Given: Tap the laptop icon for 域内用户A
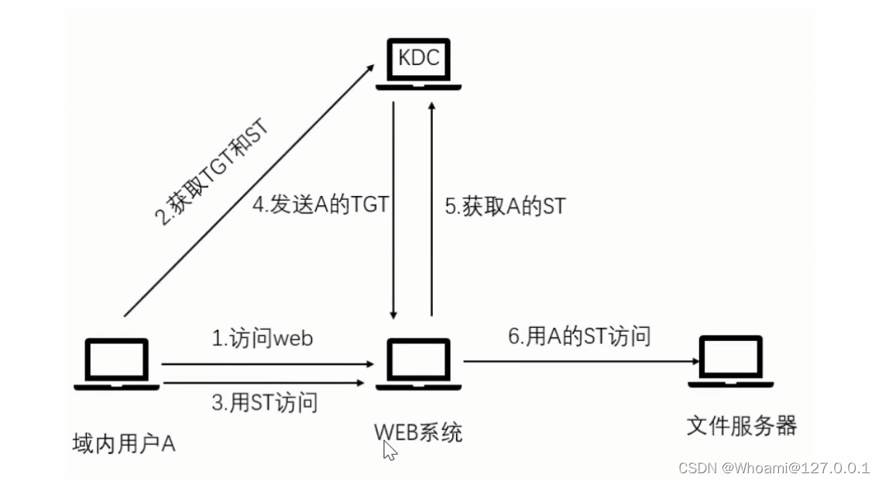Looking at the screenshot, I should (x=117, y=363).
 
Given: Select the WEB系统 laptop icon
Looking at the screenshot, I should (x=420, y=363).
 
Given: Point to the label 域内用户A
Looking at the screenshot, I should (x=124, y=444).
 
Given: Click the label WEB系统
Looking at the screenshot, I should (x=419, y=431).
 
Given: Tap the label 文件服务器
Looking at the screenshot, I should (x=741, y=425).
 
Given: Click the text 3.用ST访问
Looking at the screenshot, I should (x=264, y=402).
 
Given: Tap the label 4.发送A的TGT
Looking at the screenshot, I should (x=320, y=206).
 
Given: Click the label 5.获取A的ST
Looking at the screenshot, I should (x=505, y=206).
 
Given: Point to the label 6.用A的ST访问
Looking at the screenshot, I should (x=578, y=335).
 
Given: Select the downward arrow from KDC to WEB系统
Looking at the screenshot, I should (x=395, y=209).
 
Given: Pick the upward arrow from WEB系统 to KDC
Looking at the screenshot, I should (x=431, y=209).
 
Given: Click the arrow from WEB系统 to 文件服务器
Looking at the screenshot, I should (x=577, y=361).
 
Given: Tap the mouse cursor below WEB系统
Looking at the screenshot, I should (x=390, y=451).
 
